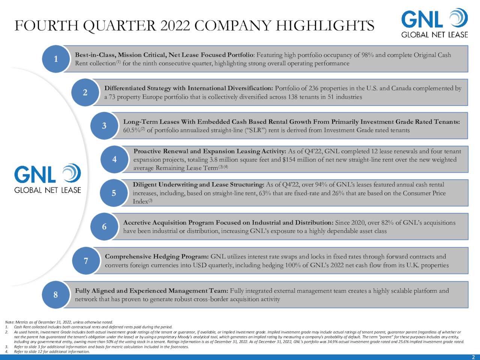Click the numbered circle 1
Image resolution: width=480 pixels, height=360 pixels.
pyautogui.click(x=55, y=59)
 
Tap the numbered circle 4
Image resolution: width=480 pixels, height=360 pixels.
pyautogui.click(x=114, y=159)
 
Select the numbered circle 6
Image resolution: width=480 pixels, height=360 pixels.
pyautogui.click(x=104, y=226)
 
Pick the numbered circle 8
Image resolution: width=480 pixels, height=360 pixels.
pyautogui.click(x=55, y=295)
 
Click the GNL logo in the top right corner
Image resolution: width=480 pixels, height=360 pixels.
pyautogui.click(x=434, y=23)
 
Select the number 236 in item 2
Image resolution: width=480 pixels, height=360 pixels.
pyautogui.click(x=314, y=88)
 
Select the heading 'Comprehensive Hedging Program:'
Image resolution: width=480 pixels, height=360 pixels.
pyautogui.click(x=157, y=256)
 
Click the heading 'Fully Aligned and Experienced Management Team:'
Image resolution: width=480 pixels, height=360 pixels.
pyautogui.click(x=151, y=291)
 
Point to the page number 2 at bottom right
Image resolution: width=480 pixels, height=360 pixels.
pyautogui.click(x=474, y=357)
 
